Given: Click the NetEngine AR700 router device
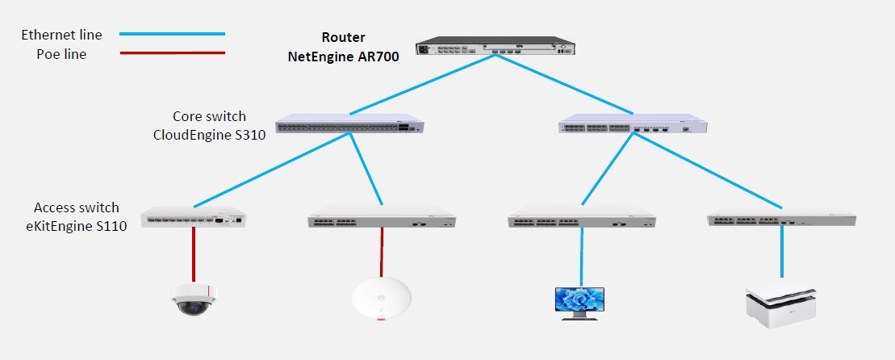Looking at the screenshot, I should click(x=493, y=48).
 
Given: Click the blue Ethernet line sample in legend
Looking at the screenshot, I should click(x=171, y=34).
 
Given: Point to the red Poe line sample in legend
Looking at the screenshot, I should click(x=171, y=54).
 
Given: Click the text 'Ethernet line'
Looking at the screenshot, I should click(x=61, y=35).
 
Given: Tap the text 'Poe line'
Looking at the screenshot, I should click(x=61, y=55).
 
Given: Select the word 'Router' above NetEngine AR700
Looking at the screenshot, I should click(x=343, y=37).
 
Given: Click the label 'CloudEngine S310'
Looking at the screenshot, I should click(x=208, y=134).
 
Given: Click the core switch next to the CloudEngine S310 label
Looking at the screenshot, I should click(x=349, y=126).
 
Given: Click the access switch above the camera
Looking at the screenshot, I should click(x=194, y=218).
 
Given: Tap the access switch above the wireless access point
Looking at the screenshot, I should click(x=382, y=220).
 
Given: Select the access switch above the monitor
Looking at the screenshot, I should click(x=581, y=220).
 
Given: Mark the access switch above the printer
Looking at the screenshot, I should click(x=780, y=220).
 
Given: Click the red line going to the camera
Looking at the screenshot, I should click(x=194, y=254).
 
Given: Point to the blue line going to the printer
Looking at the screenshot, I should click(x=781, y=254).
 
